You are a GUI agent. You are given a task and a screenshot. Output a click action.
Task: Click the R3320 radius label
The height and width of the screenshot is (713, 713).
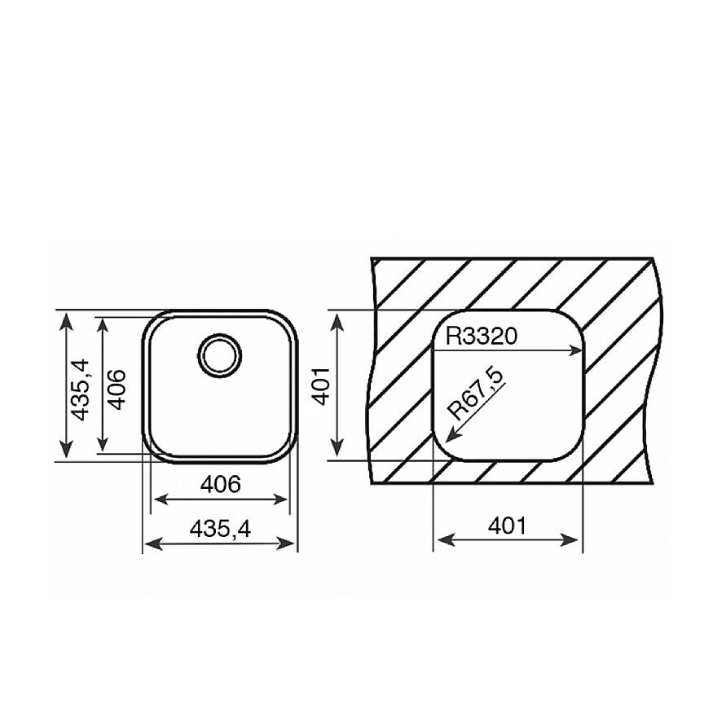click(x=482, y=337)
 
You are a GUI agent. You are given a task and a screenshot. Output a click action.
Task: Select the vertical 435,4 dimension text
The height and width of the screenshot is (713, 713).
click(x=81, y=390)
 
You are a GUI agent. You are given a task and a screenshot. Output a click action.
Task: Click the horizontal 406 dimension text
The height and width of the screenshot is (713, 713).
click(x=221, y=484)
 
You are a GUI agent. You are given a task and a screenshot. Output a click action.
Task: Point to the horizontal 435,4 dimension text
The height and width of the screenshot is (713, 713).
click(x=220, y=529)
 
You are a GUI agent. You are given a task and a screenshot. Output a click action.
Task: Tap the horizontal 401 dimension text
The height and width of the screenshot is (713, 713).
click(x=507, y=526)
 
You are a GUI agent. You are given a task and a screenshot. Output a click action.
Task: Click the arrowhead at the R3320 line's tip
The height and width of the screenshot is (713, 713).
click(x=575, y=350)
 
